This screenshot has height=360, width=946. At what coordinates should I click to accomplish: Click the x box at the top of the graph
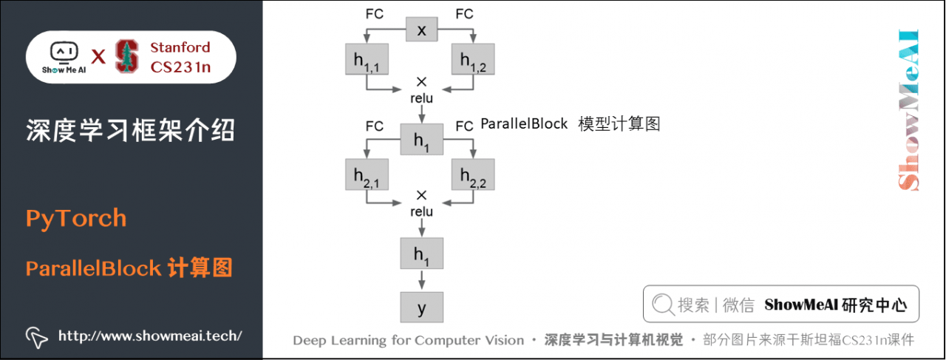(x=422, y=30)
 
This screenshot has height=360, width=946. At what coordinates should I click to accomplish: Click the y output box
(x=421, y=308)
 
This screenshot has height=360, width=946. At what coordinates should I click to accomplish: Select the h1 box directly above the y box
(x=421, y=254)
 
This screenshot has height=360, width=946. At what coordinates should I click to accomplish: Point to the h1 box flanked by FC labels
(x=421, y=140)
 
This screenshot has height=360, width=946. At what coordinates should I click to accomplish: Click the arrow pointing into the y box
(x=421, y=281)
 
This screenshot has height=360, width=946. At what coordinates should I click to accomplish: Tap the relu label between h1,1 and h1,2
(x=421, y=98)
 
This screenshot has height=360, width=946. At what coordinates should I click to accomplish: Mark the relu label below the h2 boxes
(x=421, y=212)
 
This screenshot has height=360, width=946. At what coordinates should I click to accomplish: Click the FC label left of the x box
(x=375, y=13)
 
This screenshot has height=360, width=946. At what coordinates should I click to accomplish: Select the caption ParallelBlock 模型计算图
(x=570, y=124)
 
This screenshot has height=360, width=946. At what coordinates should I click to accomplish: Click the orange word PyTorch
(x=76, y=219)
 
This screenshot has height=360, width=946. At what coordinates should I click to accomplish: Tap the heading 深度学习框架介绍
(x=130, y=130)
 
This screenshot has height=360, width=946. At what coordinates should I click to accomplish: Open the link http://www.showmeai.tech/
(x=149, y=336)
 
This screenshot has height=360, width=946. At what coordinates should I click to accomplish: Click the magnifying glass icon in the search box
(x=663, y=305)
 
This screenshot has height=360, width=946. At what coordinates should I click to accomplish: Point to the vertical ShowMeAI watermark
(x=908, y=111)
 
